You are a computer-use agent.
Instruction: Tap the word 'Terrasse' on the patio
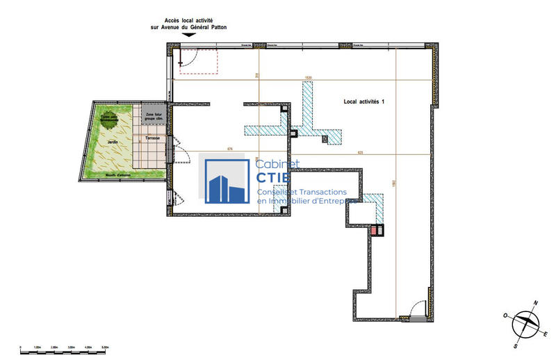(x=152, y=139)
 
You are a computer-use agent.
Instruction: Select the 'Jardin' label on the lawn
(x=112, y=142)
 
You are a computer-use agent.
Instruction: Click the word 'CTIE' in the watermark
(x=277, y=179)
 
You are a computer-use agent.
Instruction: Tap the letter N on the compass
(x=536, y=303)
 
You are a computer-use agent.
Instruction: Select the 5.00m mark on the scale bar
(x=106, y=346)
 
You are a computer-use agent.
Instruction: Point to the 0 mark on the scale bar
(x=21, y=346)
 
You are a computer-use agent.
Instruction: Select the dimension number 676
(x=229, y=148)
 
